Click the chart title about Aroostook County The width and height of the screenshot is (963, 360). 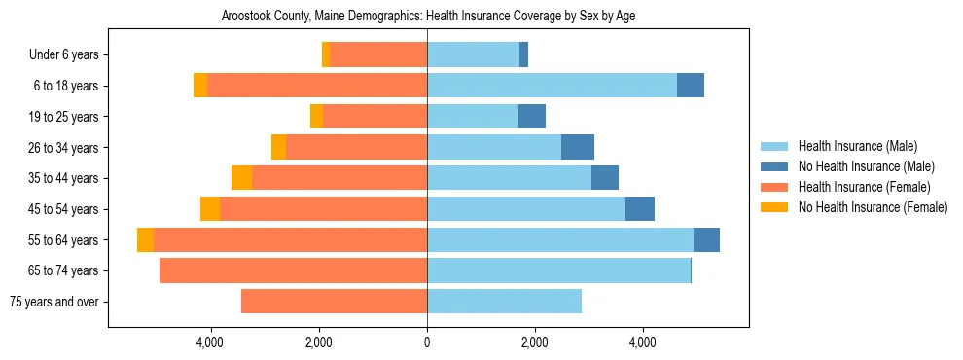click(428, 17)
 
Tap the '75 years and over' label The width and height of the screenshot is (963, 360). click(53, 302)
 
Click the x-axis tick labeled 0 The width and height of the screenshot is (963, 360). click(427, 342)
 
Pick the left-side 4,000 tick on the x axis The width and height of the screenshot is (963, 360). click(211, 342)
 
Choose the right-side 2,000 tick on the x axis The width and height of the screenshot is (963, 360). click(534, 342)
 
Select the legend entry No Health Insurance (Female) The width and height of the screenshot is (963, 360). click(873, 207)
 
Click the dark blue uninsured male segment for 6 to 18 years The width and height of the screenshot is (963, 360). click(691, 86)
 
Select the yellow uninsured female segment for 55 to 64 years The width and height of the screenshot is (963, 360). click(145, 240)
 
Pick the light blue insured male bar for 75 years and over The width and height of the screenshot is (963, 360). click(504, 302)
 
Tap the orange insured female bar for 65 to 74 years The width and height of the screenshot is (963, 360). click(293, 270)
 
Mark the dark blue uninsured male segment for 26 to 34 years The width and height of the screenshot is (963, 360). click(578, 147)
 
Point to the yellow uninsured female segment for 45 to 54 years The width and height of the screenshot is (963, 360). click(210, 209)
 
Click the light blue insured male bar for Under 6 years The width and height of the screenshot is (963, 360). click(473, 55)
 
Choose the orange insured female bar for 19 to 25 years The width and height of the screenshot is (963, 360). click(374, 117)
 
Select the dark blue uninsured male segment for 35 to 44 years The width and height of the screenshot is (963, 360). click(605, 178)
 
